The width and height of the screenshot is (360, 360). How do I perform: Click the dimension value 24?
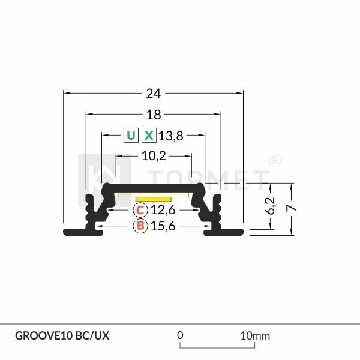(154, 93)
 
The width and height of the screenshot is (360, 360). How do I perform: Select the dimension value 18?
(154, 114)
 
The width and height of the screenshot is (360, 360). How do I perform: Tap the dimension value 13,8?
(170, 136)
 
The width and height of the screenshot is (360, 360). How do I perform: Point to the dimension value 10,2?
(154, 156)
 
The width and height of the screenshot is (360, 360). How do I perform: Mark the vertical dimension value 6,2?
(271, 206)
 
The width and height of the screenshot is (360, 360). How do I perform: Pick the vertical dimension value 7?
(292, 208)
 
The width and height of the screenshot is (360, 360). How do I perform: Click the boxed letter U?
(130, 136)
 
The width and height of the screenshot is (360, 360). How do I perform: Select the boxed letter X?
(149, 136)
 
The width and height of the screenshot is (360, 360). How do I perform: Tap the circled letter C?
(139, 210)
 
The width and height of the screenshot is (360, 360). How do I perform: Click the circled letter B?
(139, 226)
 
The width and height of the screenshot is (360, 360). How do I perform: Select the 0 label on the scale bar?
(180, 335)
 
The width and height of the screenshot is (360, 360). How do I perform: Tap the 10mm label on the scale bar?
(255, 335)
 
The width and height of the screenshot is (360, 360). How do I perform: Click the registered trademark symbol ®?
(275, 160)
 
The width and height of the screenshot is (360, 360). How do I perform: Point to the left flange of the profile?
(81, 232)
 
